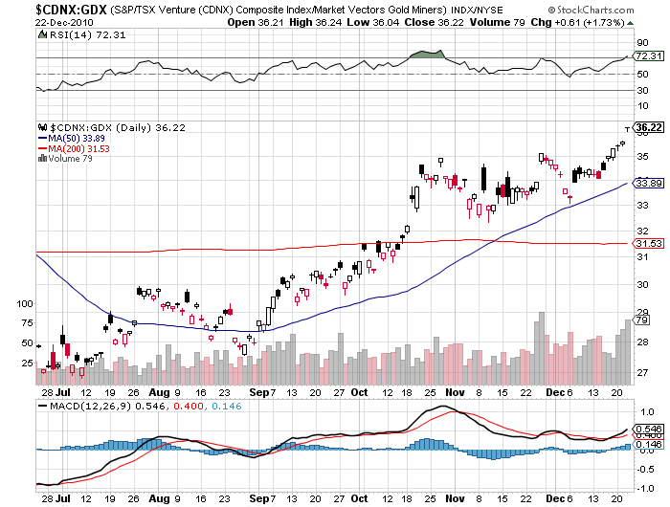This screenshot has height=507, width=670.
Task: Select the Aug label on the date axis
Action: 159,391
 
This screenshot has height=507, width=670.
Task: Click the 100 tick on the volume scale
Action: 24,303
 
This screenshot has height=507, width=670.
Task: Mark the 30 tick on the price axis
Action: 643,285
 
